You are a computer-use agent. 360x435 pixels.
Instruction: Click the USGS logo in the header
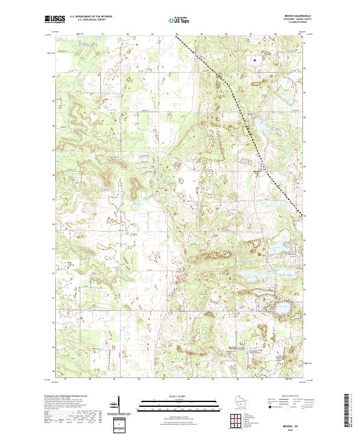point(54,19)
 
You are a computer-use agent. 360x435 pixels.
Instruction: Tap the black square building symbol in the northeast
point(255,60)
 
